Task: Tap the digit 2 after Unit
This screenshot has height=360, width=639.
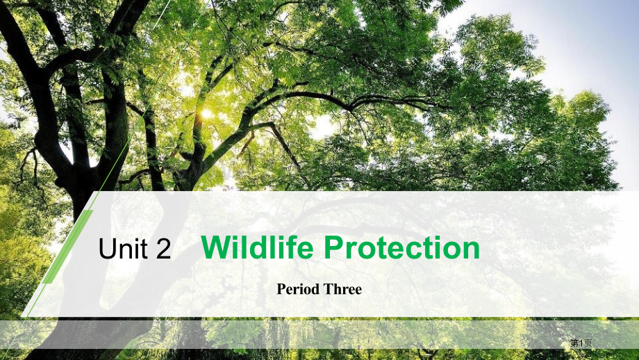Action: pyautogui.click(x=163, y=249)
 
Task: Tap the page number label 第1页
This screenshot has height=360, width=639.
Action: pyautogui.click(x=581, y=343)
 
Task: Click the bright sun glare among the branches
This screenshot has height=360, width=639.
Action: pyautogui.click(x=206, y=113)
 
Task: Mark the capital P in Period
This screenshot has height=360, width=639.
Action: pyautogui.click(x=281, y=289)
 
